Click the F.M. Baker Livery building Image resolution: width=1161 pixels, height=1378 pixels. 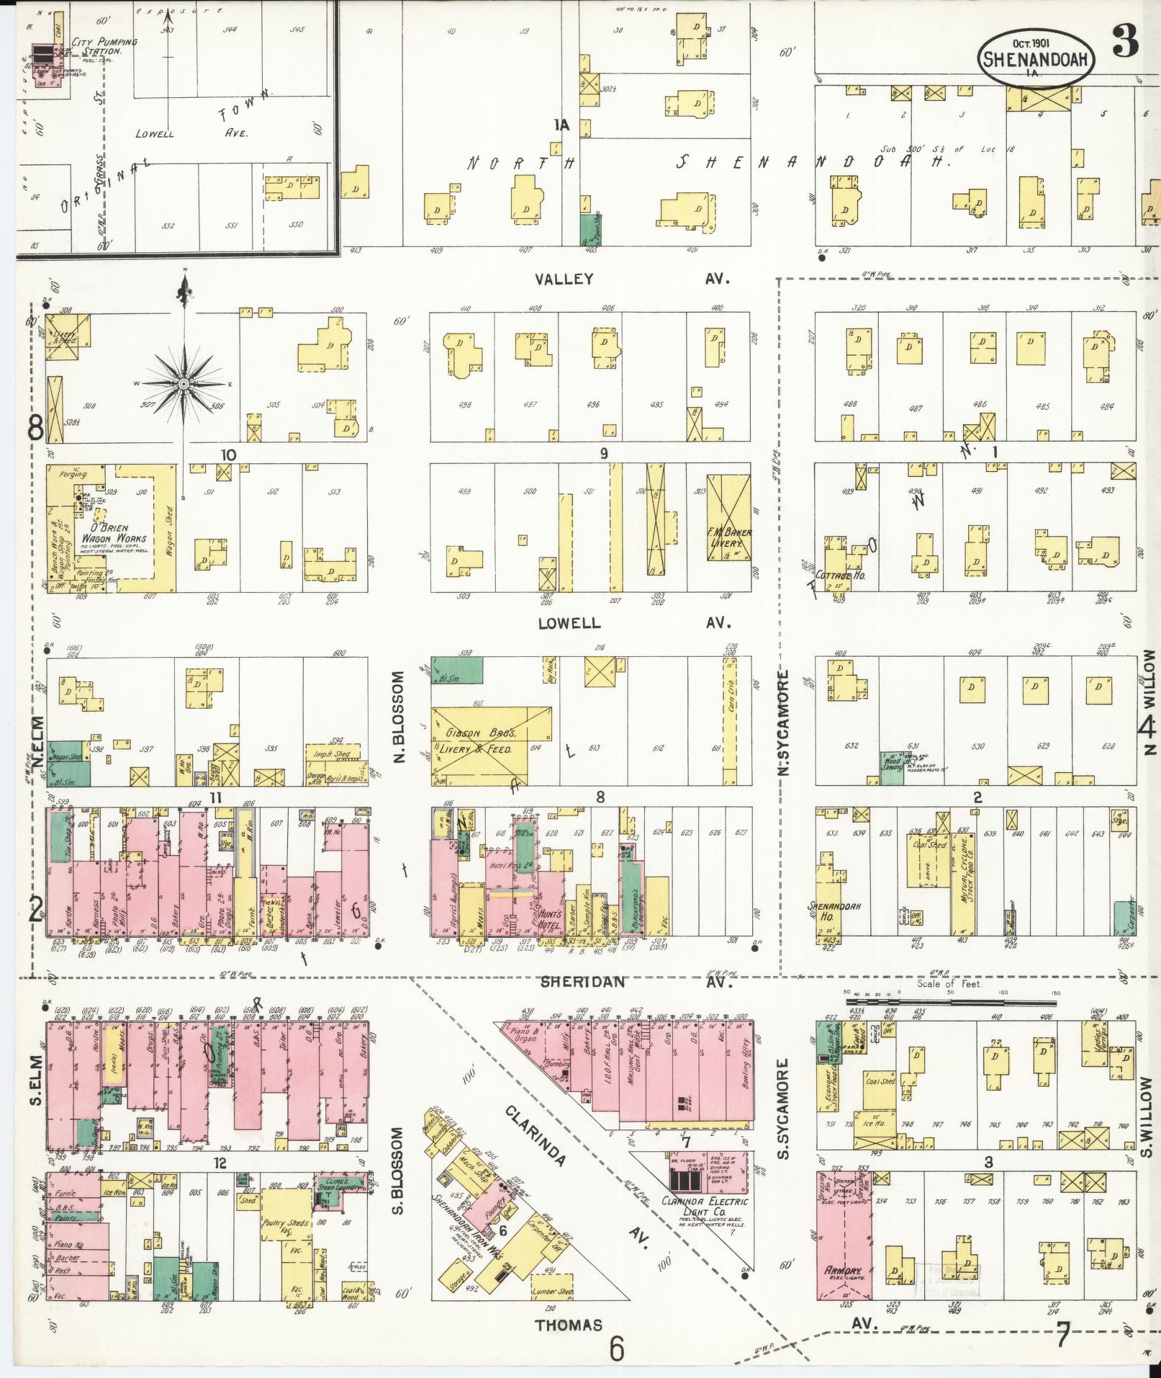[x=729, y=537]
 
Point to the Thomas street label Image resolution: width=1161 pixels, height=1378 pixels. [x=569, y=1324]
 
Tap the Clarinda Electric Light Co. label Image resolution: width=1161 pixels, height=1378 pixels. [x=704, y=1207]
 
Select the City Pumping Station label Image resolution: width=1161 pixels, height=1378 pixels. [x=103, y=48]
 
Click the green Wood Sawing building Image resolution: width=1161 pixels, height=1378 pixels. [x=893, y=768]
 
